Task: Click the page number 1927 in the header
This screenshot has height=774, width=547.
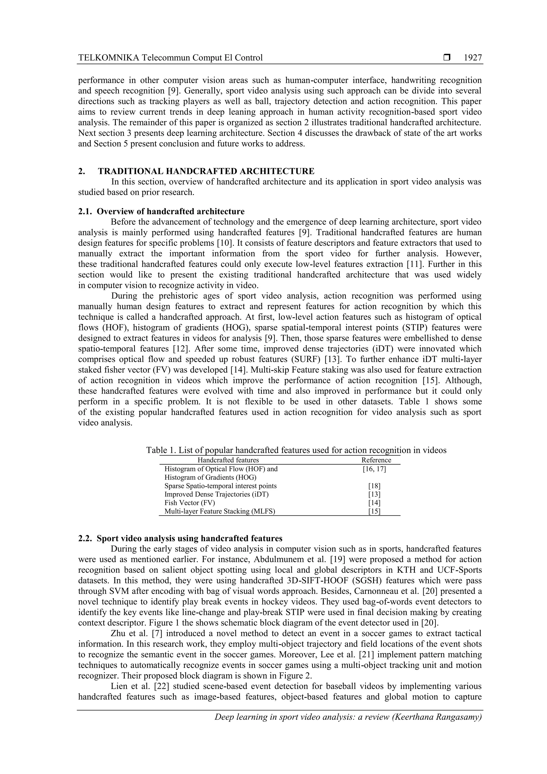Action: (472, 58)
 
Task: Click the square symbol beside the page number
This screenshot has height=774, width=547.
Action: (447, 58)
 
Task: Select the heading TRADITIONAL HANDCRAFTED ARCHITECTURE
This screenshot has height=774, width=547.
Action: (206, 171)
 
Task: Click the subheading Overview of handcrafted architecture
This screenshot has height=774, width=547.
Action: (171, 211)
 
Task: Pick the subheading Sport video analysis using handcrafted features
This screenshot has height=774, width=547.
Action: (189, 538)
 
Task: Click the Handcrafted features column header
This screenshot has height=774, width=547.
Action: (228, 460)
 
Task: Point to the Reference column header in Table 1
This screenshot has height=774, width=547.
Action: (376, 460)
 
